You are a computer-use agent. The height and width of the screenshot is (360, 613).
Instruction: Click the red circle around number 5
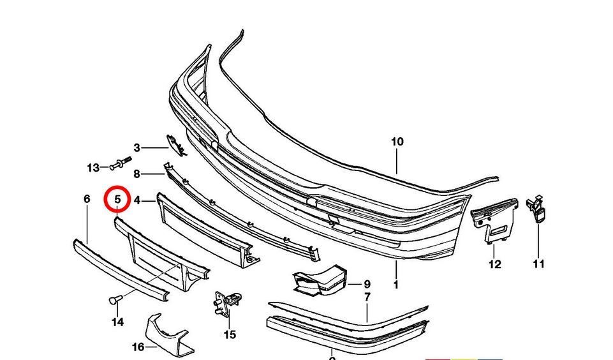coord(117,200)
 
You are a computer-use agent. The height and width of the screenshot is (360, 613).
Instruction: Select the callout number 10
coord(397,142)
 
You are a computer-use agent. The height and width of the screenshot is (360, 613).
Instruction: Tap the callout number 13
coord(93,168)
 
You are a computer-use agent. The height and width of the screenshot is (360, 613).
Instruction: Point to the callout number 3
coord(137,148)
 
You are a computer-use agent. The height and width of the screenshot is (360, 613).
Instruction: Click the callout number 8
coord(137,174)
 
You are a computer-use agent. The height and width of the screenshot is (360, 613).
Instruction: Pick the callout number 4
coord(137,201)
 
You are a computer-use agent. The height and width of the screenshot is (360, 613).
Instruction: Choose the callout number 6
coord(87,199)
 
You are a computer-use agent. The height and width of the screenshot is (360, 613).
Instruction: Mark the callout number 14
coord(117,322)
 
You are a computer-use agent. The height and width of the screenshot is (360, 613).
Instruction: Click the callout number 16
coord(138,347)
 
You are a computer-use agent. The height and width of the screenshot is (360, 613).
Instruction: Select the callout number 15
coord(230,334)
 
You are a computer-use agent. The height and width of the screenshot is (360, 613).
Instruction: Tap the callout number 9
coord(367,284)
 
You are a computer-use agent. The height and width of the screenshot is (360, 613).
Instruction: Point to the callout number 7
coord(367,297)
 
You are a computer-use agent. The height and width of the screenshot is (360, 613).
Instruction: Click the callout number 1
coord(395,285)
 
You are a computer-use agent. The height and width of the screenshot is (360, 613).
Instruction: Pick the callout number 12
coord(495,264)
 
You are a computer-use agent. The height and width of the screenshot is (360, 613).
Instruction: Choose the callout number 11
coord(539,264)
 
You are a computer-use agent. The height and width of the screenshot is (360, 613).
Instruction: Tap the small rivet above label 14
coord(115,298)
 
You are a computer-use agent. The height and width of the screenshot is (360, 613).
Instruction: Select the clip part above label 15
coord(228,303)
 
